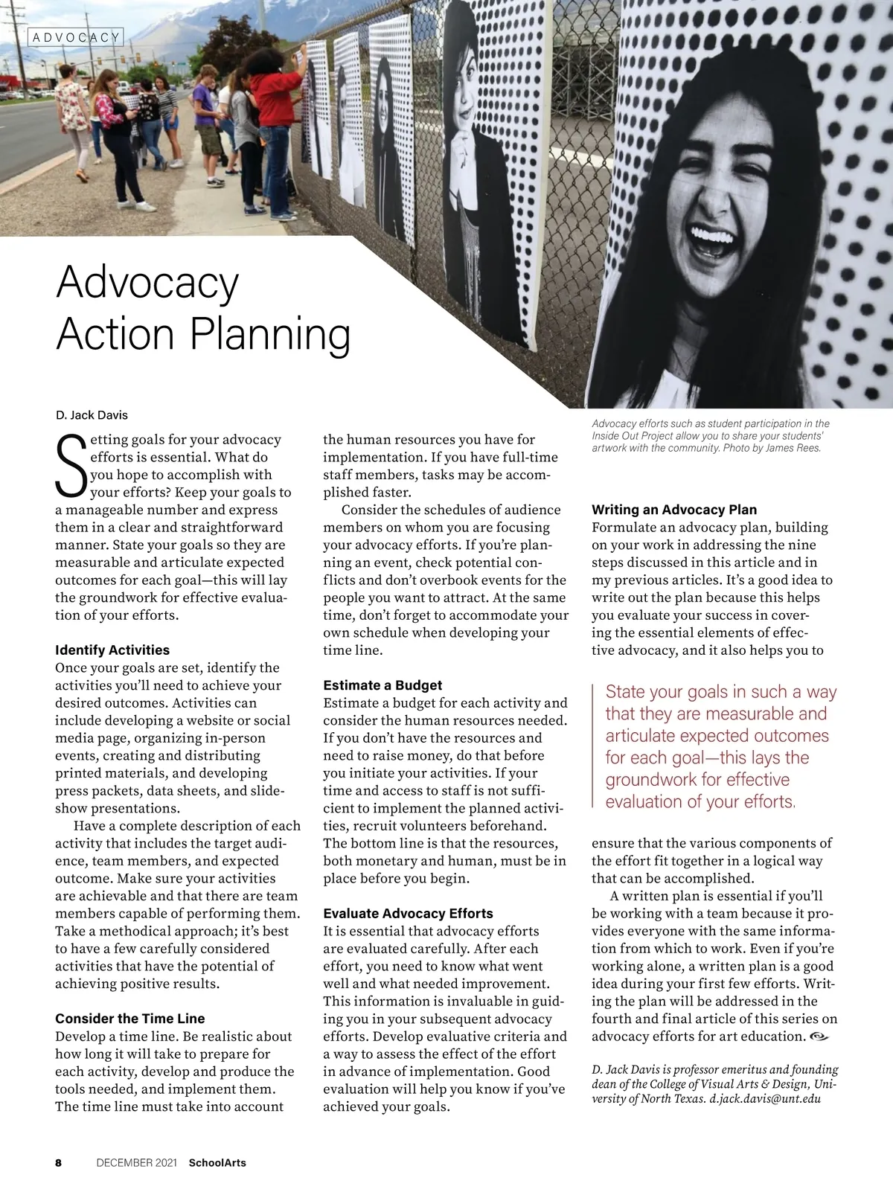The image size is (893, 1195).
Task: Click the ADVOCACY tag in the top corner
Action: (76, 37)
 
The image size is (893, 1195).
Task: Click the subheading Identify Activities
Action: (112, 650)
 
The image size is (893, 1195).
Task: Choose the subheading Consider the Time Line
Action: (130, 1019)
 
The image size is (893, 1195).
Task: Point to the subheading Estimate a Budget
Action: (383, 685)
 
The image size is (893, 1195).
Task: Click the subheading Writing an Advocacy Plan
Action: (674, 510)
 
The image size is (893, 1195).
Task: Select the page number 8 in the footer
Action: (59, 1162)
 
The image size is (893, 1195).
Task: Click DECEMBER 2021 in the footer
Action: (136, 1162)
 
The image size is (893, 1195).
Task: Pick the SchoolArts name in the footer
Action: (217, 1162)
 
